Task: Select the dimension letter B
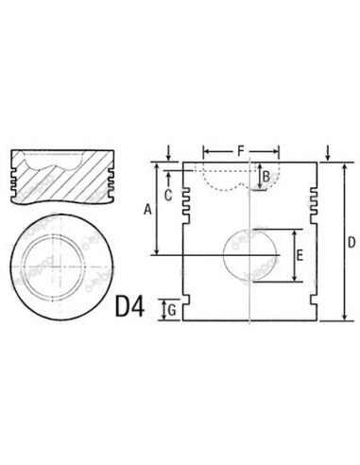(266, 175)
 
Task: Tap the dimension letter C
(167, 196)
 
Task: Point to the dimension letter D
(351, 243)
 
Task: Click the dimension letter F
(241, 149)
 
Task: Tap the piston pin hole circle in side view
(250, 255)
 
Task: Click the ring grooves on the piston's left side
(186, 198)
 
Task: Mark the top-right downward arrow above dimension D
(327, 152)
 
